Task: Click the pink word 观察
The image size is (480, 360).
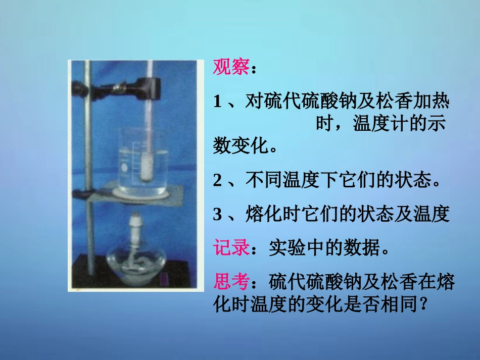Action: (230, 68)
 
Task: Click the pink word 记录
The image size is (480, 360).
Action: (231, 248)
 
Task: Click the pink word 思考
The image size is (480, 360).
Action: (231, 280)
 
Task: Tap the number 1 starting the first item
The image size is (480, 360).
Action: (218, 102)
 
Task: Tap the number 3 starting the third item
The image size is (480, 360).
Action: (218, 215)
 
